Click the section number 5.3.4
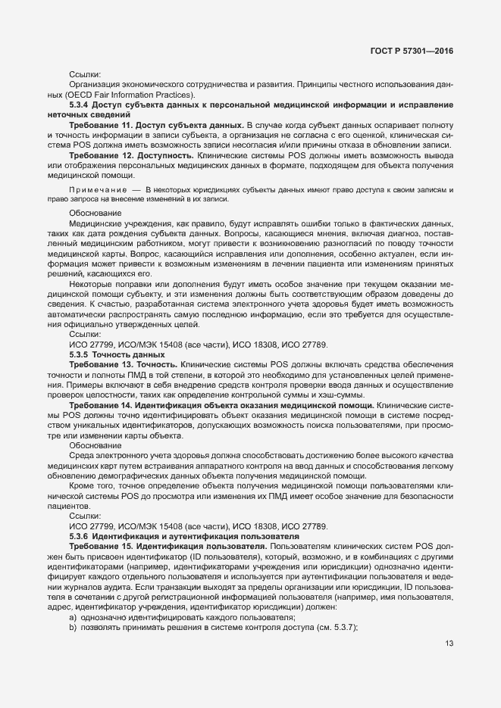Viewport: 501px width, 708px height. [81, 104]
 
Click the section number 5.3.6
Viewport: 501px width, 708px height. [81, 536]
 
